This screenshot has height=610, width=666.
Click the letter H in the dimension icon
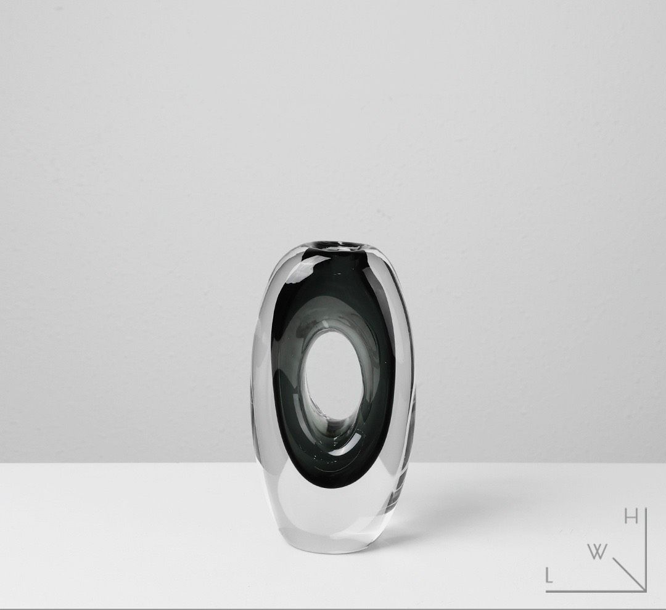click(x=631, y=518)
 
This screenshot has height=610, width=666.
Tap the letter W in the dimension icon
click(x=597, y=552)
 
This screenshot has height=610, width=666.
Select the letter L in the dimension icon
click(x=549, y=576)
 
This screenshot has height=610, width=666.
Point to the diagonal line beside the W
click(x=629, y=574)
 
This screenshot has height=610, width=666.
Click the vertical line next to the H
click(x=645, y=550)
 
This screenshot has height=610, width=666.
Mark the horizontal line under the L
click(x=596, y=590)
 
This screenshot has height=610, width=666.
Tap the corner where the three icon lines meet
click(x=645, y=590)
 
